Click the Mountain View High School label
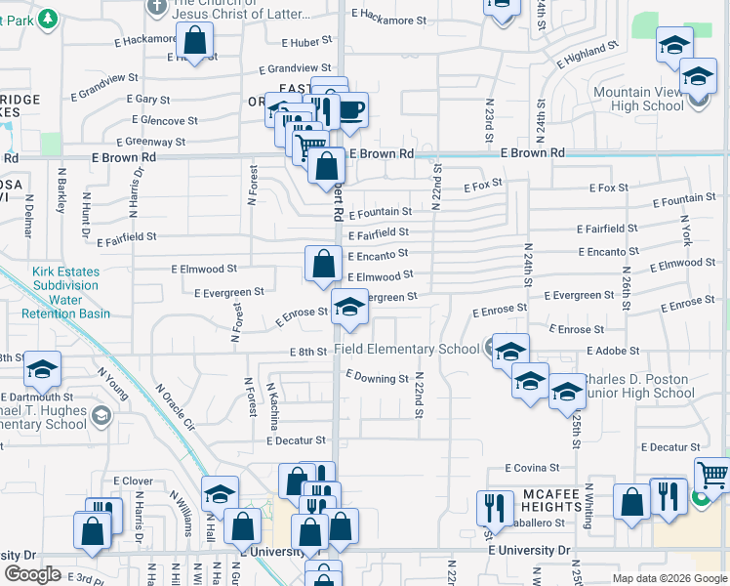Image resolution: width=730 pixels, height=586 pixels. coord(638,99)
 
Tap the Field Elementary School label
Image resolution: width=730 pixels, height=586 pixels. coord(407,349)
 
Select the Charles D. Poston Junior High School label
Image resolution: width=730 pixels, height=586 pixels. coord(635,387)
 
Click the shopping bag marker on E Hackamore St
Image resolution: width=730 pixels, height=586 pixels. coord(194,42)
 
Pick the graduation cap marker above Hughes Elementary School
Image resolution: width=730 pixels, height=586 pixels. coord(42,370)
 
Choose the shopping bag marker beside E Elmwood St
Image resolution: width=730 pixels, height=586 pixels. coord(323,263)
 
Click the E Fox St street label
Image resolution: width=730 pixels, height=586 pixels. coord(483,184)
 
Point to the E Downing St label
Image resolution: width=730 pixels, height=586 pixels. coord(377,378)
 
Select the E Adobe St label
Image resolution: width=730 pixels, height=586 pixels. coord(613,350)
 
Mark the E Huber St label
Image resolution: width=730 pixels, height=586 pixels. coord(307,43)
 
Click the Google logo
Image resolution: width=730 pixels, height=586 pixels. coord(33,574)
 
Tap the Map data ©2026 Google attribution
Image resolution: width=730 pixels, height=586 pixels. coord(668,578)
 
